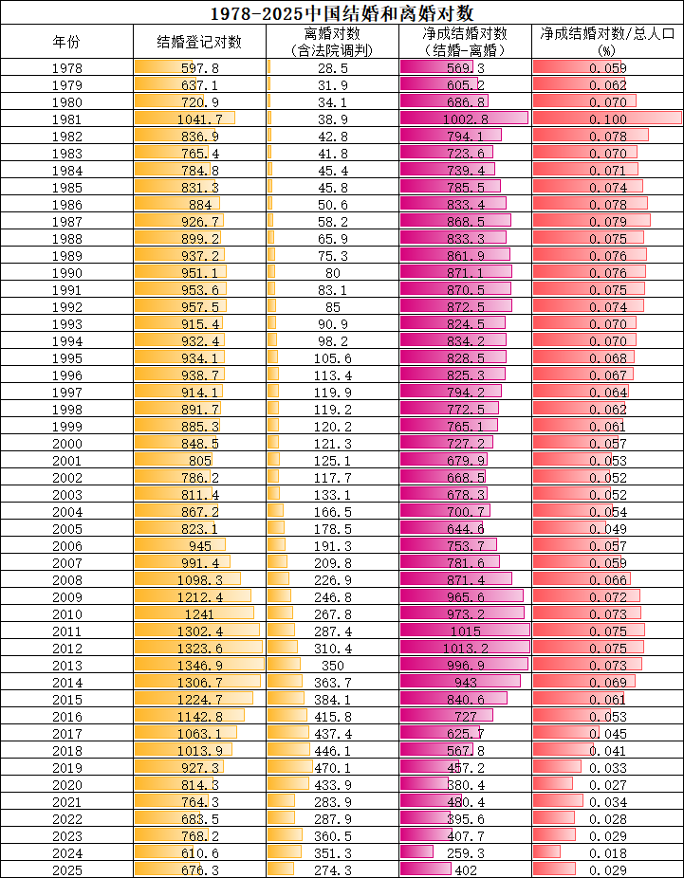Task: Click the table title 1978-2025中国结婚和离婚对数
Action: click(x=342, y=11)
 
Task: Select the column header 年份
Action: click(x=66, y=42)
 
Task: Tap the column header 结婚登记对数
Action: click(x=199, y=42)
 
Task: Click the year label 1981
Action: click(x=66, y=119)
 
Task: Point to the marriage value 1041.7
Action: click(x=200, y=119)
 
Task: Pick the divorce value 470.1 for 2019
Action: click(x=333, y=768)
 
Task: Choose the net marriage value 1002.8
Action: click(x=466, y=119)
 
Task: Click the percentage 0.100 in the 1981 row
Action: click(x=608, y=119)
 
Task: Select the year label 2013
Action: click(x=66, y=666)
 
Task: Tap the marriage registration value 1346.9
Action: click(x=200, y=666)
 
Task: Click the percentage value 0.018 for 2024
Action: click(x=608, y=853)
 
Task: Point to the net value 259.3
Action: click(x=466, y=853)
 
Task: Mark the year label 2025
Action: click(x=66, y=870)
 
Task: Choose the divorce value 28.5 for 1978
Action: click(x=333, y=69)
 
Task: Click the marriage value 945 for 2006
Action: click(x=200, y=546)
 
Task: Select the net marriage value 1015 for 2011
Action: click(x=466, y=631)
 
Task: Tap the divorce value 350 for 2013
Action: click(x=333, y=666)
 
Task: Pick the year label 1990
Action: click(x=66, y=273)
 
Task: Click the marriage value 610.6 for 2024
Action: click(x=200, y=853)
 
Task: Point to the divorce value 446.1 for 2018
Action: click(x=333, y=751)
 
